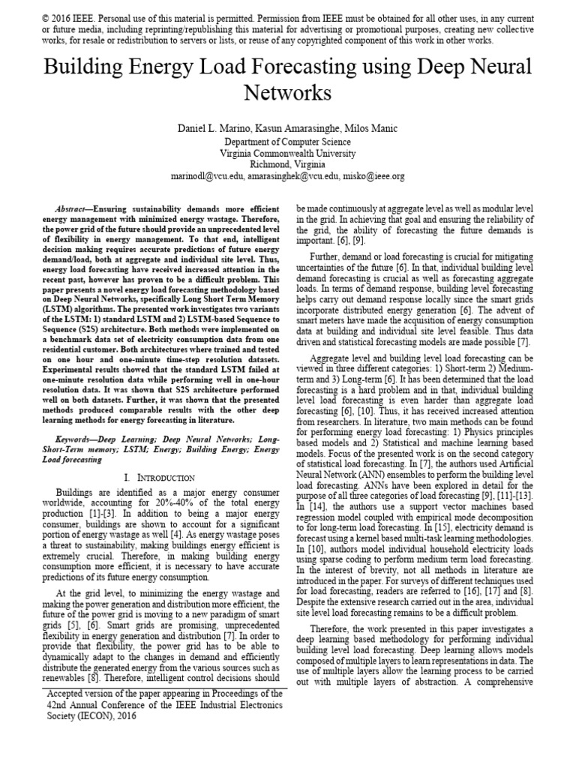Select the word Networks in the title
pyautogui.click(x=288, y=93)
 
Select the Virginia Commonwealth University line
pyautogui.click(x=288, y=152)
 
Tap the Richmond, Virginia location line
pyautogui.click(x=288, y=164)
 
